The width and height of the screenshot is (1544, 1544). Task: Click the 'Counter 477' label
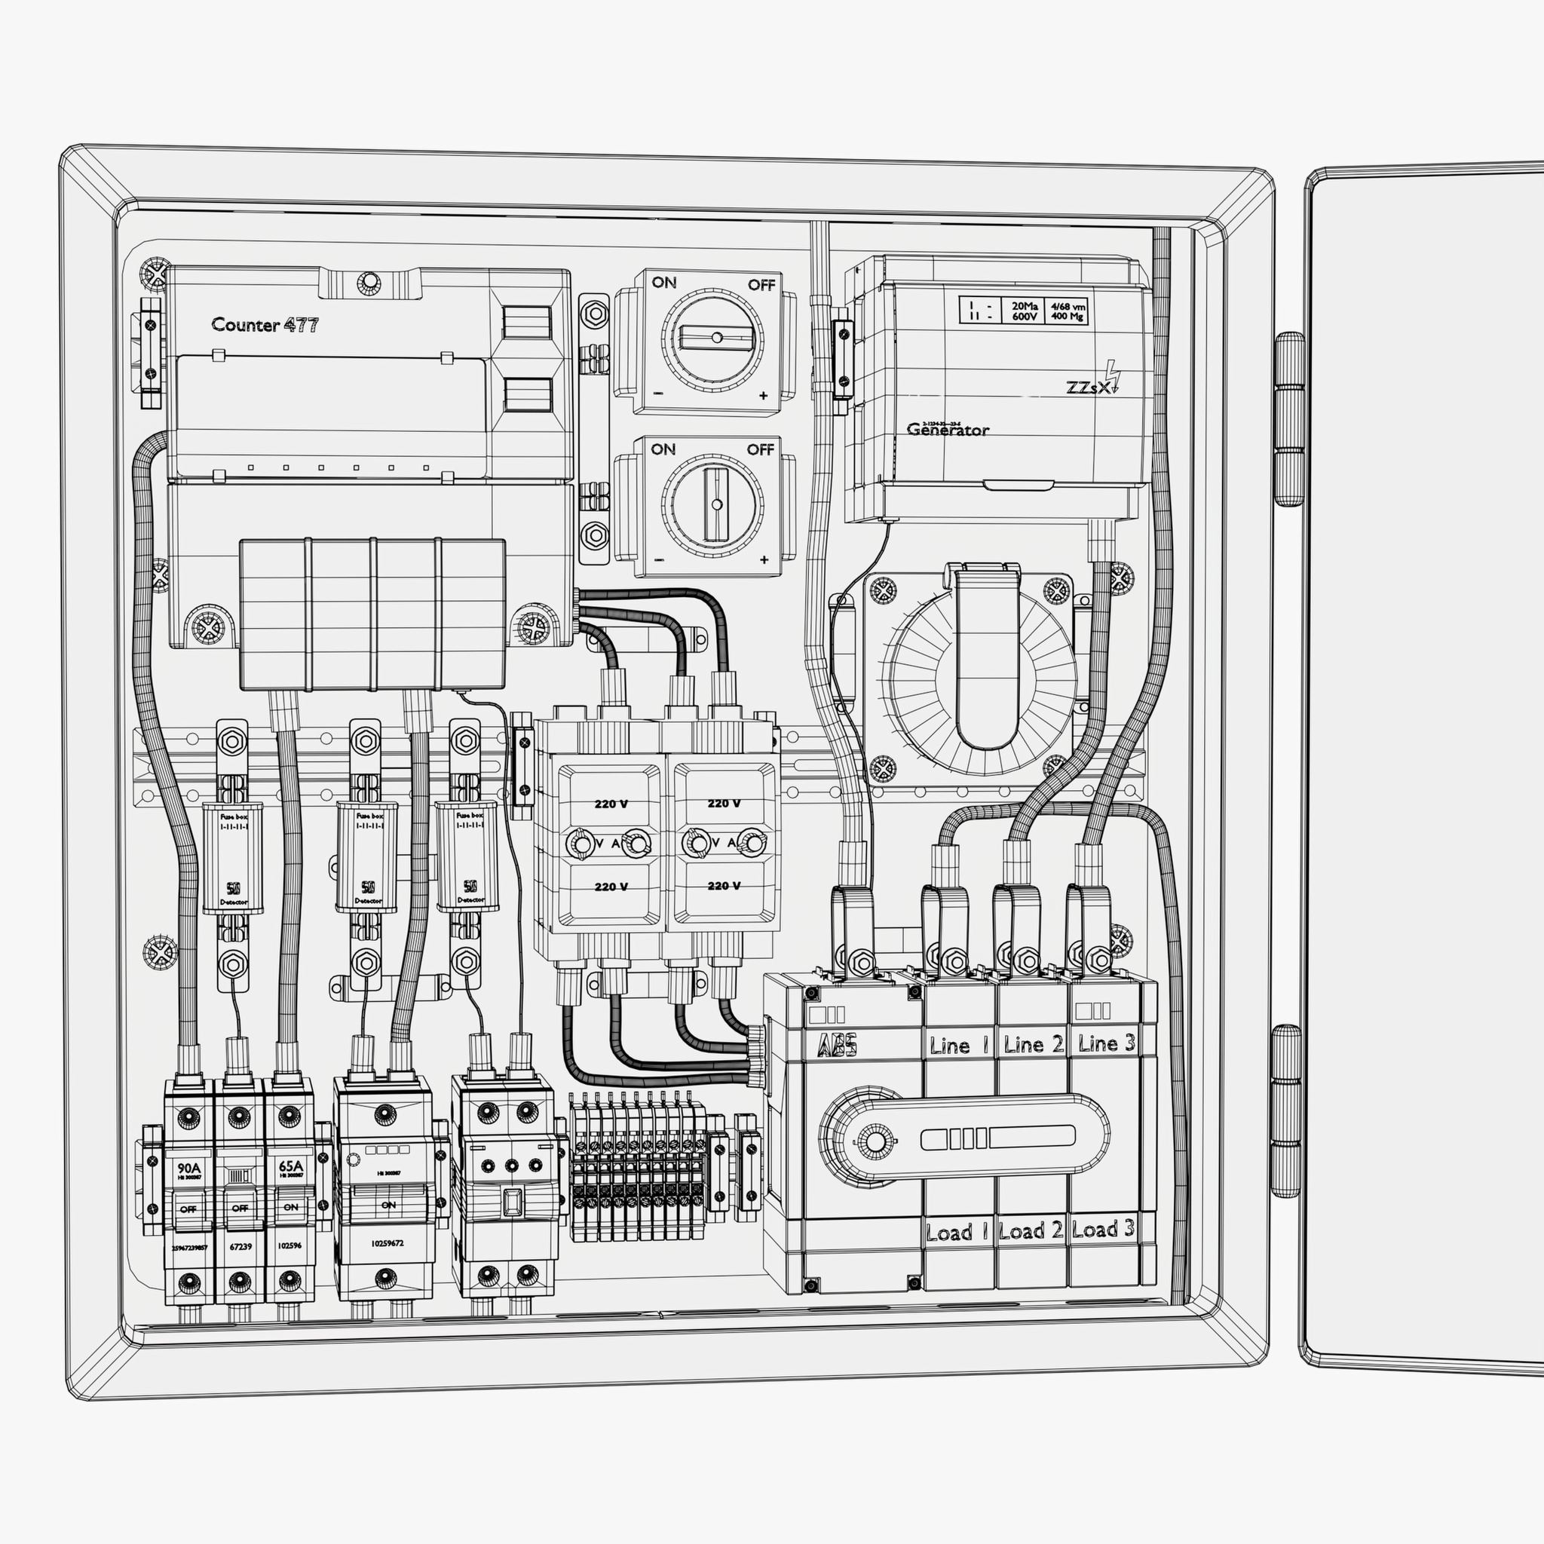click(x=265, y=325)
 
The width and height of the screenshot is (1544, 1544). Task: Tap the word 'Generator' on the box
click(x=948, y=430)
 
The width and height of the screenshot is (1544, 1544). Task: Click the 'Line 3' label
click(x=1106, y=1043)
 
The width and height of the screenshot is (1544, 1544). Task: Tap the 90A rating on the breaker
click(x=188, y=1166)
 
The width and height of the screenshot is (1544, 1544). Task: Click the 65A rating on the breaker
click(x=291, y=1166)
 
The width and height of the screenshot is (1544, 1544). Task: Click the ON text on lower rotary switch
click(x=663, y=449)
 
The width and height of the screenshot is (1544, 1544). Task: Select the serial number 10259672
click(x=387, y=1243)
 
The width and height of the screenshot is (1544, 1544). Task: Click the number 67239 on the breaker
click(x=240, y=1246)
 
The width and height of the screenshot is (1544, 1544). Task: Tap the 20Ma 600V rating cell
click(x=1025, y=311)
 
